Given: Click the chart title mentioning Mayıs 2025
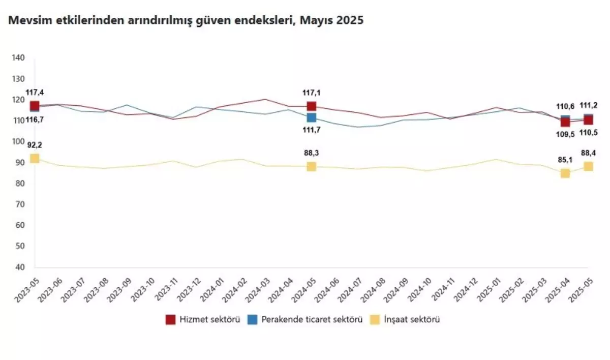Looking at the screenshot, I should coord(184,20).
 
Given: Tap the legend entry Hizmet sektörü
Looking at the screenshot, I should coord(203,320).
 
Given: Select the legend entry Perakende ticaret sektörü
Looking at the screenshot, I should coord(305,320).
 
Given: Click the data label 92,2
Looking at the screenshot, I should coord(35,145).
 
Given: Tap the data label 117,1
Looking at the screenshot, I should coord(311,93).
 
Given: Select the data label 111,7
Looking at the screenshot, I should coord(311,130).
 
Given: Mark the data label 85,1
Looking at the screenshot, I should coord(564,160).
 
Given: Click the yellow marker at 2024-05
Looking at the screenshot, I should coord(311,166).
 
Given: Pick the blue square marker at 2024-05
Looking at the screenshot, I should coord(311,117).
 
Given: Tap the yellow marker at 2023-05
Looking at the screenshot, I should coord(35,158).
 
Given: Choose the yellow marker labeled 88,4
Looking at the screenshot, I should coord(588,166).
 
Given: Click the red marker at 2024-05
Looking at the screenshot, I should coord(311,106).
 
